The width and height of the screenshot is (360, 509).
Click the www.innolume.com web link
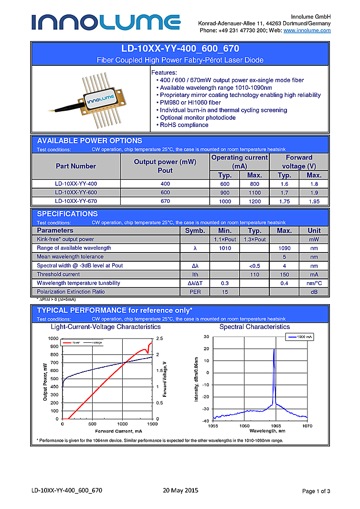tap(307, 31)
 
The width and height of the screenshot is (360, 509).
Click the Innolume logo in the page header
tap(106, 22)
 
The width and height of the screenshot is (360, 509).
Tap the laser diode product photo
tap(91, 99)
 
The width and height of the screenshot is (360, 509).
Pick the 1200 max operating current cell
tap(254, 201)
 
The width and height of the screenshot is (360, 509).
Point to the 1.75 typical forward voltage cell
tap(285, 201)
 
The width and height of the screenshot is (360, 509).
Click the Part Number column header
tap(76, 166)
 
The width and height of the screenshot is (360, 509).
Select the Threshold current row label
tap(58, 275)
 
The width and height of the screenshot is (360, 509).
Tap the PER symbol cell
tap(195, 292)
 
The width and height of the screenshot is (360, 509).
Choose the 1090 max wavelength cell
tap(284, 248)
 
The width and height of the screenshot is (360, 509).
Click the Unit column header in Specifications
tap(314, 231)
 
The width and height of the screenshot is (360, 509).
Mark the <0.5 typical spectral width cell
tap(254, 266)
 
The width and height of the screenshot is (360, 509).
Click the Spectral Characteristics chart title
tap(254, 327)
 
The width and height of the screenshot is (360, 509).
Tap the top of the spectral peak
tap(274, 350)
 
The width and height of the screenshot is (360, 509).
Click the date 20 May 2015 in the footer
tap(180, 490)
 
